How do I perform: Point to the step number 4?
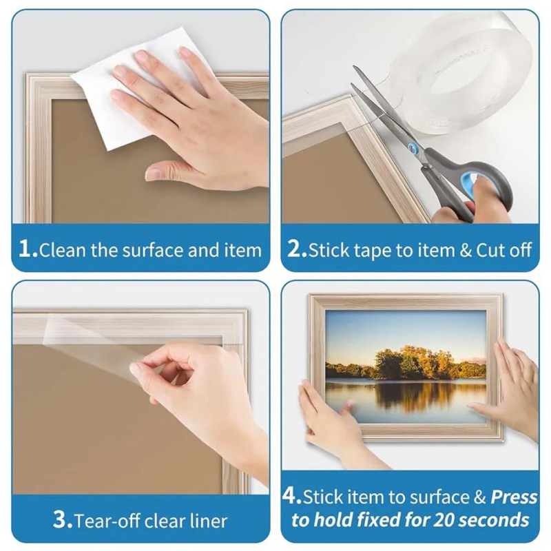290,496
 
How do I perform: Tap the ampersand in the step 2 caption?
465,250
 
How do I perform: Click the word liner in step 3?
209,521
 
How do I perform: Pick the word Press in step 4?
514,497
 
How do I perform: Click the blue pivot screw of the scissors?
412,148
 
